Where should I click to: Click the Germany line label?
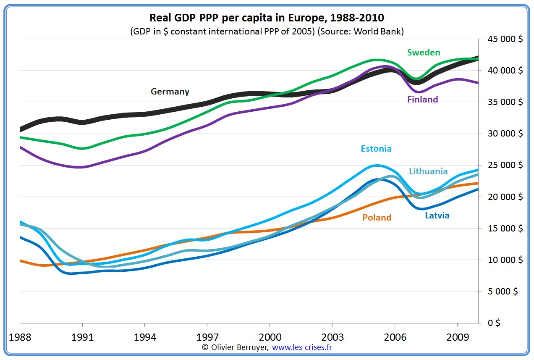tap(170, 92)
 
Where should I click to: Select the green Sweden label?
tap(424, 53)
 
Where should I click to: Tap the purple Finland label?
tap(422, 100)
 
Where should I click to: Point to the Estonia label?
tap(376, 149)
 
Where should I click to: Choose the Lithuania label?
tap(428, 171)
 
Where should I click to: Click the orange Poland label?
tap(377, 218)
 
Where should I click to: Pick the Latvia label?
tap(437, 216)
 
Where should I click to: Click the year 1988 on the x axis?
tap(20, 337)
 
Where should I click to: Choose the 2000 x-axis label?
tap(270, 337)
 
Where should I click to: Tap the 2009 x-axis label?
tap(457, 337)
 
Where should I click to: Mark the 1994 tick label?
tap(144, 337)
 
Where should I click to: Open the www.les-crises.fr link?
tap(302, 347)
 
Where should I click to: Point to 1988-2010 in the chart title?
tap(357, 18)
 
